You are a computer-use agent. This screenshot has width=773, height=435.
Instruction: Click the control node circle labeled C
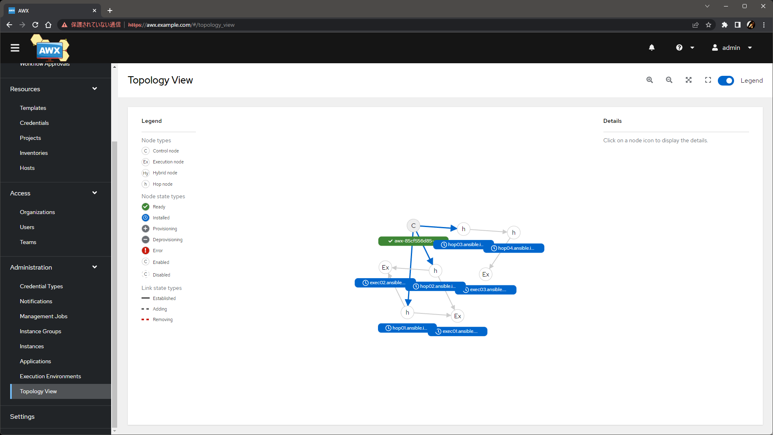(413, 226)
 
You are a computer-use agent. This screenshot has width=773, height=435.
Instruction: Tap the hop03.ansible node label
(465, 244)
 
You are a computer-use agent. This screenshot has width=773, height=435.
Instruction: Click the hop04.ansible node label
(515, 248)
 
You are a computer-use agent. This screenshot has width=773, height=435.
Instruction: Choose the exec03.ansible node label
(487, 289)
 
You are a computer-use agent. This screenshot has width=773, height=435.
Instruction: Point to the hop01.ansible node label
(407, 328)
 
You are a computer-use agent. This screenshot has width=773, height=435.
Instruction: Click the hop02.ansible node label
(436, 286)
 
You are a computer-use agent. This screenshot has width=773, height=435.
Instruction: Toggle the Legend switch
(726, 81)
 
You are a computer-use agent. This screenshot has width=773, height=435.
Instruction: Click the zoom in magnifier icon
(650, 80)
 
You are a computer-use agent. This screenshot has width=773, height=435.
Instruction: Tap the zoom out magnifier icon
(669, 80)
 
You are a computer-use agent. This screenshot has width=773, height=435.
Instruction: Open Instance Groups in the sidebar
(41, 331)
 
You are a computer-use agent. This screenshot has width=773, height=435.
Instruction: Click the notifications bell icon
(652, 48)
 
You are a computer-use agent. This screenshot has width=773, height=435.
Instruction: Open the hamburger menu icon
(15, 48)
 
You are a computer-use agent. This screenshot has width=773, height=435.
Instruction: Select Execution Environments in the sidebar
(50, 376)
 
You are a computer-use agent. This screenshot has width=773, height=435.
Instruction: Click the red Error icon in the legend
(146, 251)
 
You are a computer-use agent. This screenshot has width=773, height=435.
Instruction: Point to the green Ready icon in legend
(146, 207)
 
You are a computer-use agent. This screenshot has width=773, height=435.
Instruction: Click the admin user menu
(732, 48)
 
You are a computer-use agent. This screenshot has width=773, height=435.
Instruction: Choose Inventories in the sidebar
(34, 153)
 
